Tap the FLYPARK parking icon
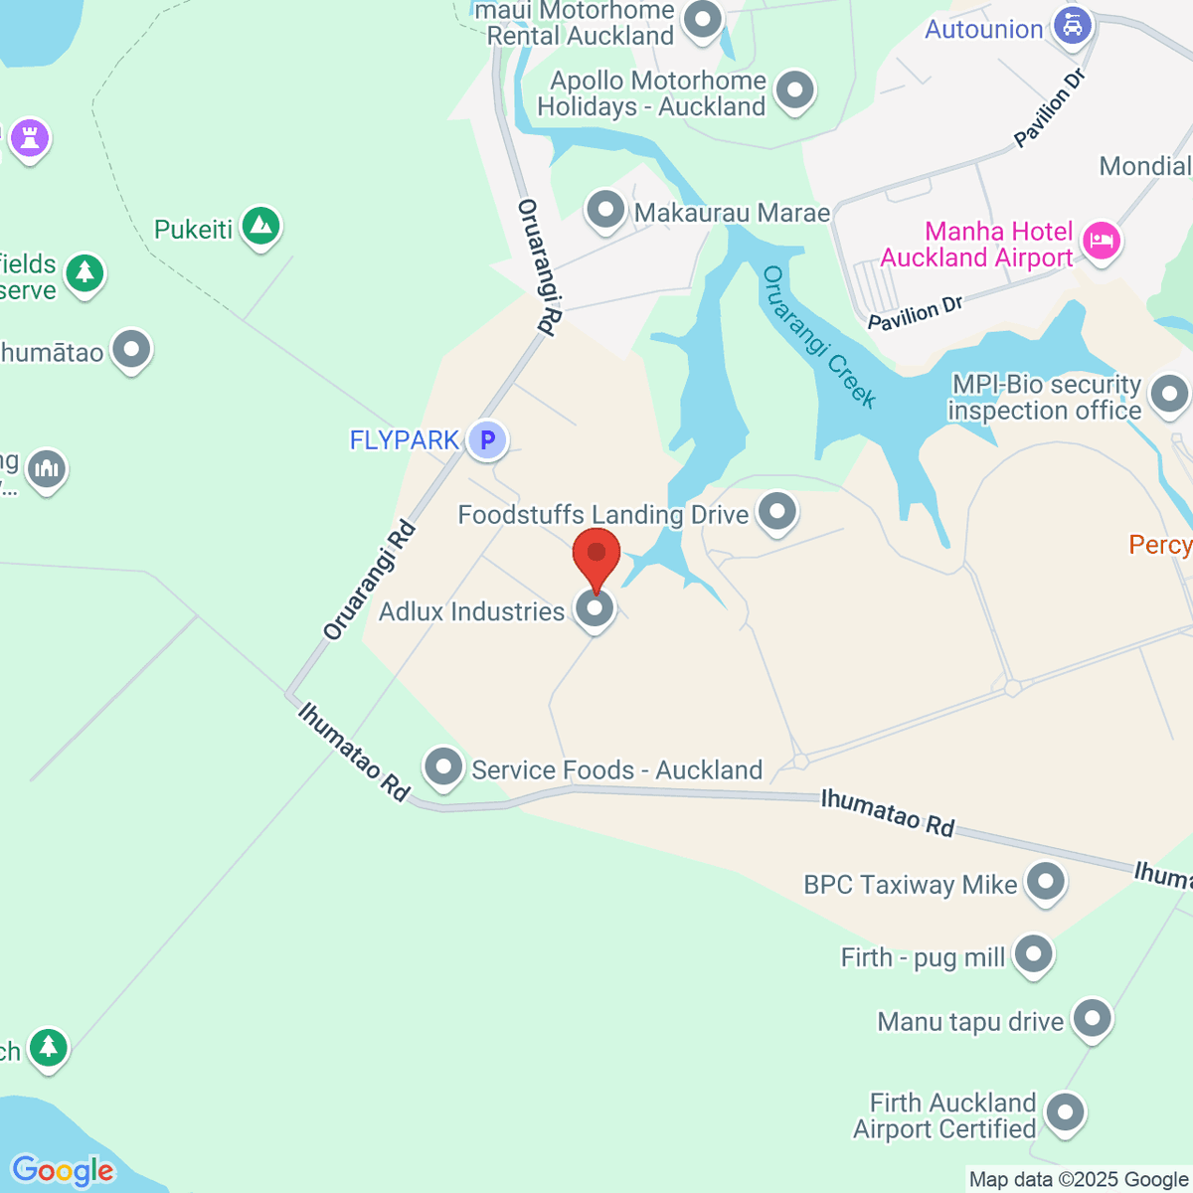pyautogui.click(x=487, y=439)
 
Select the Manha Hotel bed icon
pyautogui.click(x=1102, y=241)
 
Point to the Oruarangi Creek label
pyautogui.click(x=819, y=338)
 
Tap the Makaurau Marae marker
pyautogui.click(x=605, y=210)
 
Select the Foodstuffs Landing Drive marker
pyautogui.click(x=777, y=512)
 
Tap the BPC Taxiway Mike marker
pyautogui.click(x=1045, y=881)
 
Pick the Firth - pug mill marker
pyautogui.click(x=1034, y=954)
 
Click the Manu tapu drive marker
pyautogui.click(x=1093, y=1018)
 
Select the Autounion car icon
pyautogui.click(x=1072, y=26)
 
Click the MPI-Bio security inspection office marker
pyautogui.click(x=1169, y=394)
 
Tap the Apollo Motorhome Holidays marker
pyautogui.click(x=794, y=90)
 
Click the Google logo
pyautogui.click(x=63, y=1171)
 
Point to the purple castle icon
pyautogui.click(x=29, y=138)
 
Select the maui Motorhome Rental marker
pyautogui.click(x=704, y=19)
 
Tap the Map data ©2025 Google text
pyautogui.click(x=1079, y=1180)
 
